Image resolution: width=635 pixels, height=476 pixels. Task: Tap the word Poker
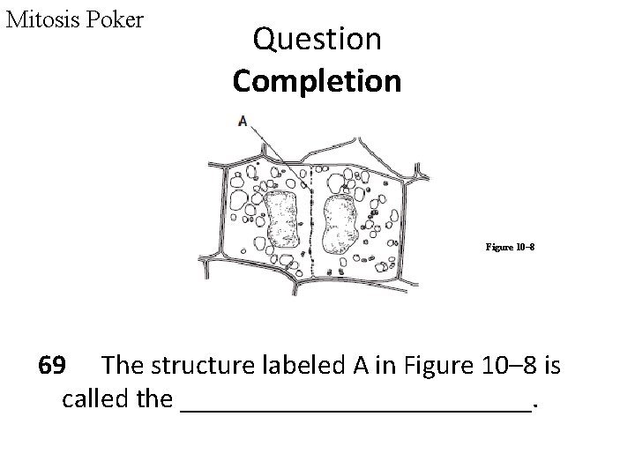[115, 19]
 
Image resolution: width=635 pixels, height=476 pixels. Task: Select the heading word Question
[317, 39]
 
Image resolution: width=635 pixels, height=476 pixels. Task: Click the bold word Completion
[317, 81]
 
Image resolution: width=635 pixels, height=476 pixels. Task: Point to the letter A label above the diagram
[243, 121]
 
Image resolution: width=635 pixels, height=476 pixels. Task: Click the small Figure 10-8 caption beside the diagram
[509, 248]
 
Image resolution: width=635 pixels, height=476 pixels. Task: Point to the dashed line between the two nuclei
[311, 220]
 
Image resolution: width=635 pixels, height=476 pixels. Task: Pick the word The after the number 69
[124, 365]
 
